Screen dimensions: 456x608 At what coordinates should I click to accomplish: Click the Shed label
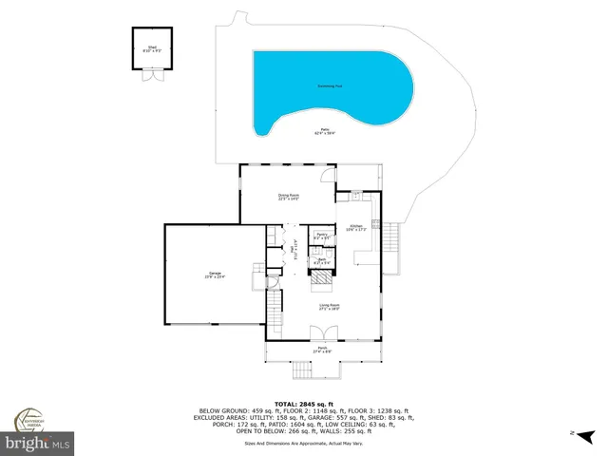pyautogui.click(x=150, y=49)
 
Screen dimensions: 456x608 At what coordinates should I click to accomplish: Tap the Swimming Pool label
pyautogui.click(x=330, y=86)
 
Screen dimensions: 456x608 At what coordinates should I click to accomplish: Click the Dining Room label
pyautogui.click(x=288, y=197)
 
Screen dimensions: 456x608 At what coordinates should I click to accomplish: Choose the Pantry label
pyautogui.click(x=321, y=236)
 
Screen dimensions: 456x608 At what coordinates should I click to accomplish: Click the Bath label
pyautogui.click(x=321, y=260)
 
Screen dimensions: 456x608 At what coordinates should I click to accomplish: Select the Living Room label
pyautogui.click(x=329, y=306)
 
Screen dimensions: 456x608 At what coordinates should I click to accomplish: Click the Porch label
pyautogui.click(x=323, y=350)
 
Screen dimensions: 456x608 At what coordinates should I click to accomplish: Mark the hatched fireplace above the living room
pyautogui.click(x=325, y=278)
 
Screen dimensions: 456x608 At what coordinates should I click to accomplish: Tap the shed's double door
pyautogui.click(x=150, y=77)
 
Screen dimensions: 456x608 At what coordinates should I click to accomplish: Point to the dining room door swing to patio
pyautogui.click(x=328, y=174)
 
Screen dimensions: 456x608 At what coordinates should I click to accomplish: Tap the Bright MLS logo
pyautogui.click(x=37, y=444)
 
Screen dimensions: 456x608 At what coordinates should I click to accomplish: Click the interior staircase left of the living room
pyautogui.click(x=274, y=307)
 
